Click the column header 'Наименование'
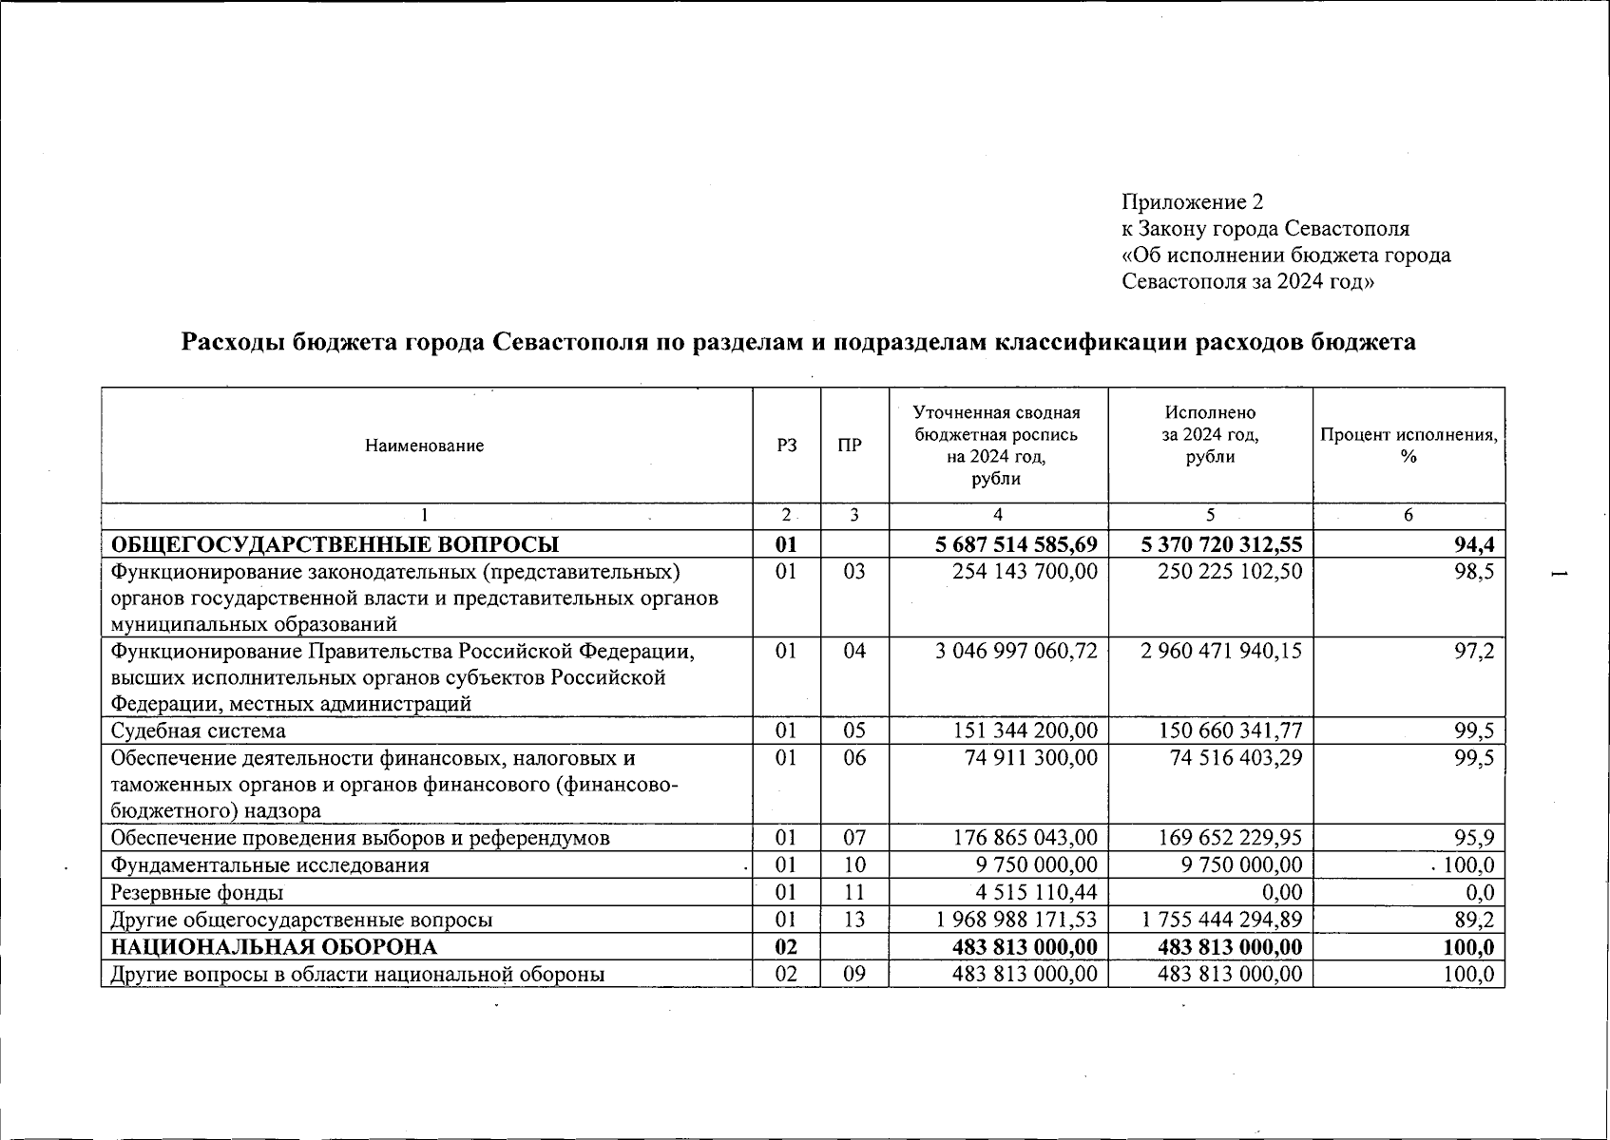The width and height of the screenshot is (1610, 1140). [x=425, y=446]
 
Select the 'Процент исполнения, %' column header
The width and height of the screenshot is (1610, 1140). [x=1409, y=446]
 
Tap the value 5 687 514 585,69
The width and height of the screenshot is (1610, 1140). [x=1016, y=544]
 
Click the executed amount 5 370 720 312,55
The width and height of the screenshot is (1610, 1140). [x=1221, y=544]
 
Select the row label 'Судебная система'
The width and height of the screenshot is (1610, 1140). [x=199, y=731]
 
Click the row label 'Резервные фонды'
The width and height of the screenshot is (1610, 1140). [x=197, y=892]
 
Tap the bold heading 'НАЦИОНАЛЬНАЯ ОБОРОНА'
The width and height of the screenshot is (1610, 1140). [x=275, y=947]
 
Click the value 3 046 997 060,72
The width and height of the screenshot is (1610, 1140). [x=1016, y=651]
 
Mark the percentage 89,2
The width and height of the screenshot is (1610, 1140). [x=1473, y=920]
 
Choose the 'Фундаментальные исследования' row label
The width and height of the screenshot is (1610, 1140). [x=270, y=865]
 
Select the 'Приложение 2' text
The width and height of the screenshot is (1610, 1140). [x=1192, y=201]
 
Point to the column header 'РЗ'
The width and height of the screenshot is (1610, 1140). [x=787, y=446]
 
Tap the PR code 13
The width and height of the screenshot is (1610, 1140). [x=854, y=920]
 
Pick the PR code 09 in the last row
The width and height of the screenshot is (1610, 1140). [x=854, y=974]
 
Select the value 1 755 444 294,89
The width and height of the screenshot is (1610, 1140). [x=1221, y=920]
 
